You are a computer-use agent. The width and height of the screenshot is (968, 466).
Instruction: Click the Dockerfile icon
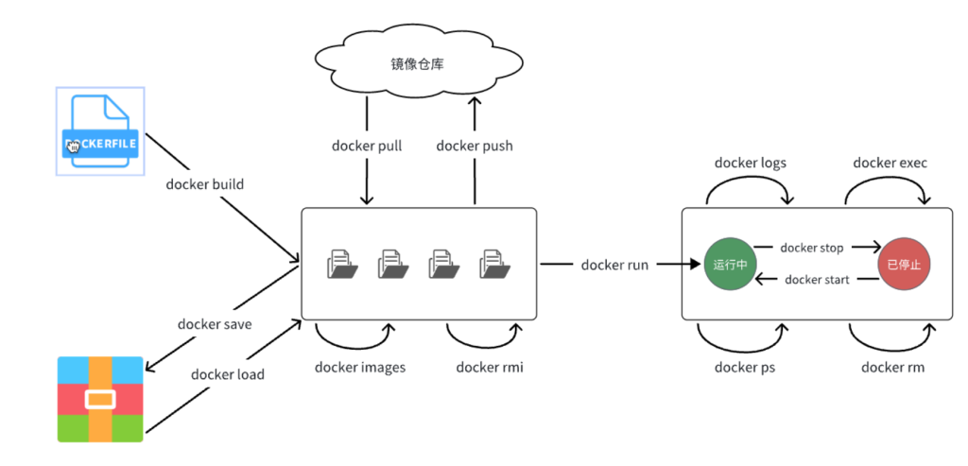100,130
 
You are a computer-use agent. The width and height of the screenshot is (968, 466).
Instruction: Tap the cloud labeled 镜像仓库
419,62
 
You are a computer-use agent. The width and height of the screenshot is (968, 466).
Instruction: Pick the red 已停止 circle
904,265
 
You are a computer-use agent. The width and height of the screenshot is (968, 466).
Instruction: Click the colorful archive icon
100,399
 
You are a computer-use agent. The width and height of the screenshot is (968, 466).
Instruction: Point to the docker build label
205,184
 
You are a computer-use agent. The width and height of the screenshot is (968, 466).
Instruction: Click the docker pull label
368,147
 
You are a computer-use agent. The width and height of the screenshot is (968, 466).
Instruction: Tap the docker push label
475,147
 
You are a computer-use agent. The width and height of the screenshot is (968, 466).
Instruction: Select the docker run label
614,265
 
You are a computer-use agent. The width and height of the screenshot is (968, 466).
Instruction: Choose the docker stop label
812,248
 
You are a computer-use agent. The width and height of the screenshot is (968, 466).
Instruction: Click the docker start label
817,280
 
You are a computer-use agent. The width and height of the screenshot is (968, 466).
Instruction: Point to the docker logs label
750,163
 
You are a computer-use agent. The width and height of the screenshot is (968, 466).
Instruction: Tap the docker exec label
890,163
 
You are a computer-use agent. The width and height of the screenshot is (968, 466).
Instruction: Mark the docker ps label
745,368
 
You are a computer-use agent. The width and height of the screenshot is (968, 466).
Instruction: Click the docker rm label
892,368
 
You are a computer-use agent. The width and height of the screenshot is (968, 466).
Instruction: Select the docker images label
360,368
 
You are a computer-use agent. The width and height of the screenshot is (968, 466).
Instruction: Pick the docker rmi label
490,368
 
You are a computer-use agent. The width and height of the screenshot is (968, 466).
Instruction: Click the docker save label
215,324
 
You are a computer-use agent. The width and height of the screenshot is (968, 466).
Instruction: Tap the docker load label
227,374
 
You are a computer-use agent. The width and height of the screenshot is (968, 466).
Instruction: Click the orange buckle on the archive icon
100,400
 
